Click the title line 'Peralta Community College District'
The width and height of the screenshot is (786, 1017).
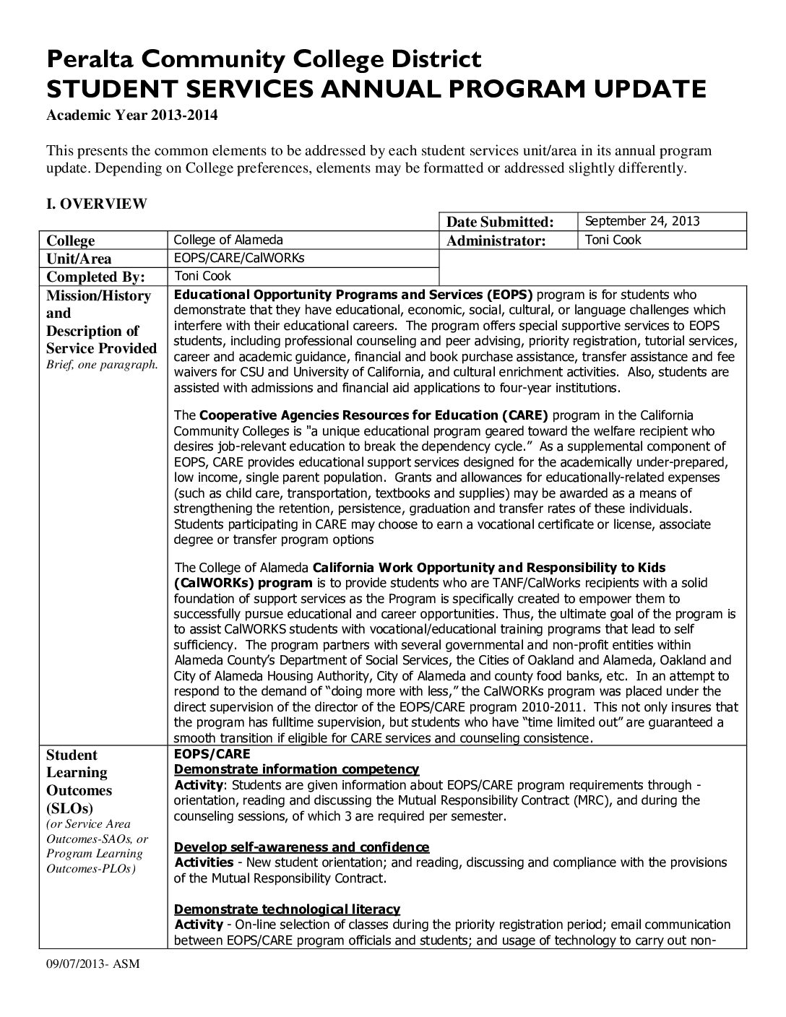pyautogui.click(x=264, y=59)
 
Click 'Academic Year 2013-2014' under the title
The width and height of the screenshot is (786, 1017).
pyautogui.click(x=132, y=115)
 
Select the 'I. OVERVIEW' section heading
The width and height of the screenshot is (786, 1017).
pyautogui.click(x=97, y=204)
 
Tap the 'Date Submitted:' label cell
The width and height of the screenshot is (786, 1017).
pyautogui.click(x=500, y=222)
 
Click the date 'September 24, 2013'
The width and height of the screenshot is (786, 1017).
pyautogui.click(x=642, y=221)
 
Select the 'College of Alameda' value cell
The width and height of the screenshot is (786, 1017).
pyautogui.click(x=229, y=240)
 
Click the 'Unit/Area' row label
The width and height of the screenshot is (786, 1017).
pyautogui.click(x=79, y=259)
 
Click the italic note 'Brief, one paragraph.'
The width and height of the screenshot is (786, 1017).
pyautogui.click(x=103, y=364)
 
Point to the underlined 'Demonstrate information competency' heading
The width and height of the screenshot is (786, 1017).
pyautogui.click(x=297, y=769)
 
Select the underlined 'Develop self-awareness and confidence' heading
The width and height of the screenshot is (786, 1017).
pyautogui.click(x=302, y=847)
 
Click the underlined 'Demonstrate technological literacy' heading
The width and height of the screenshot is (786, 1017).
pyautogui.click(x=288, y=909)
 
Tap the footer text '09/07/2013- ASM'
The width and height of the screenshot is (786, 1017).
pyautogui.click(x=88, y=964)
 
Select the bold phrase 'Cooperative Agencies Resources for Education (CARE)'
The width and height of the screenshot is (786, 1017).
pyautogui.click(x=373, y=415)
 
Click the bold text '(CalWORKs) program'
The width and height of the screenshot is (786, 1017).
pyautogui.click(x=243, y=583)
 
